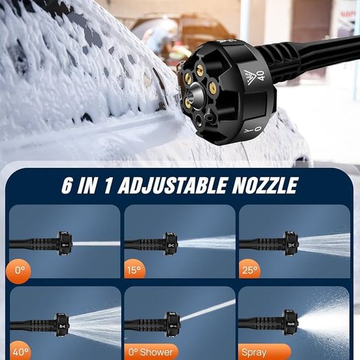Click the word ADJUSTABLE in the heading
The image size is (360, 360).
(x=172, y=185)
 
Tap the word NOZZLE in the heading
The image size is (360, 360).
(x=265, y=185)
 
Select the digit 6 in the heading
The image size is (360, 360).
(x=67, y=185)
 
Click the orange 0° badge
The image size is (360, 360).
(x=19, y=271)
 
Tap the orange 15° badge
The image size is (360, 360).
(x=134, y=269)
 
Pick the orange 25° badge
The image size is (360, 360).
(x=250, y=269)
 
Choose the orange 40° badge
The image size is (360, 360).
(x=20, y=350)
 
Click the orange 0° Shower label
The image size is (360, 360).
(x=151, y=352)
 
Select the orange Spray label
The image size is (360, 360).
(x=265, y=352)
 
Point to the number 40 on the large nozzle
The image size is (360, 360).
(x=261, y=75)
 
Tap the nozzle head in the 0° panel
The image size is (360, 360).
(x=64, y=243)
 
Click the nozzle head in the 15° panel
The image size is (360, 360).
(x=171, y=244)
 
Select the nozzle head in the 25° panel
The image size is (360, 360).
(x=291, y=243)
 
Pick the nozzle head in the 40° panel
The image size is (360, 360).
(x=62, y=324)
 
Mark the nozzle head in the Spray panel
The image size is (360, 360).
(x=290, y=322)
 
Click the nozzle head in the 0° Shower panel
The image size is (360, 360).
(x=173, y=324)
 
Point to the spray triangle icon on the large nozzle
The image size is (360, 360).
(x=250, y=77)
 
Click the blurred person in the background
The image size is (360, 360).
(x=160, y=37)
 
